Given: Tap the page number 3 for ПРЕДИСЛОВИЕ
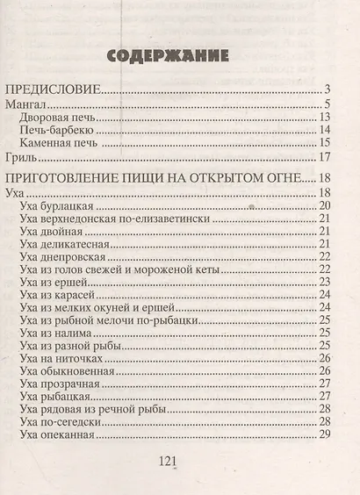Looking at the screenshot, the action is click(326, 89).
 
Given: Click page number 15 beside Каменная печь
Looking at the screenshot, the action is click(323, 144).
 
